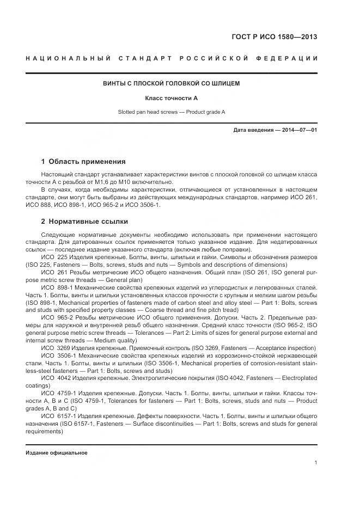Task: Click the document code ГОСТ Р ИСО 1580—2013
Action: pos(275,37)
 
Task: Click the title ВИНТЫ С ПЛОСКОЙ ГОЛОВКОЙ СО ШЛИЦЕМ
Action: pos(172,83)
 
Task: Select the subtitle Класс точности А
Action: pos(171,98)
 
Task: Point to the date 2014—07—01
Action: pos(298,130)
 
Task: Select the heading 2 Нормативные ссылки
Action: pos(84,222)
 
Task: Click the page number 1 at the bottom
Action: pos(316,463)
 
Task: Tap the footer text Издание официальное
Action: pos(57,453)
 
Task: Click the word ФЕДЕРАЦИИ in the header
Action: pos(292,58)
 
